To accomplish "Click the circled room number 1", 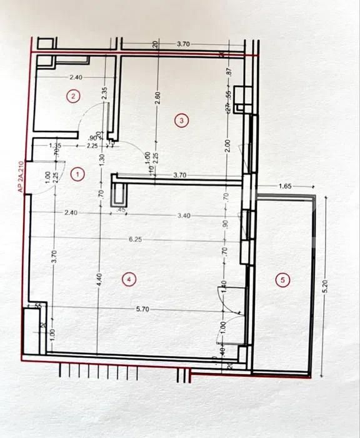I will (x=77, y=175).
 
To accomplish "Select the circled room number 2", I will (x=74, y=96).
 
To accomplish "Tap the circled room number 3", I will (x=181, y=120).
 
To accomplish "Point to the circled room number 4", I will (x=128, y=280).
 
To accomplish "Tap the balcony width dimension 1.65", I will (x=285, y=186).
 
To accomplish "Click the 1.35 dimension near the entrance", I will (x=55, y=145).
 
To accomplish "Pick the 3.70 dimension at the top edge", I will (x=183, y=44).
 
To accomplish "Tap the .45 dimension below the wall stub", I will (x=121, y=210).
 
